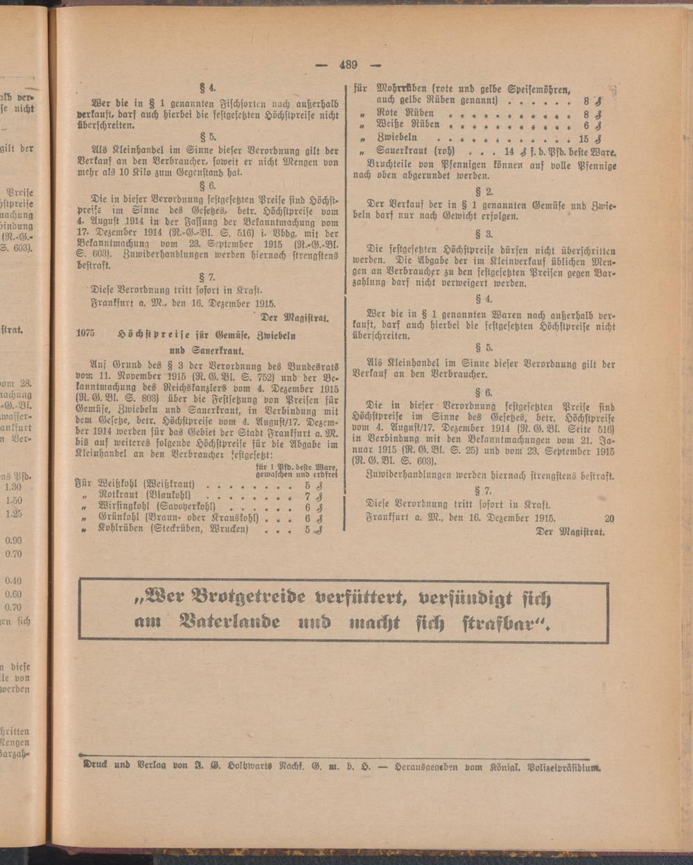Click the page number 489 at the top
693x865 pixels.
coord(347,65)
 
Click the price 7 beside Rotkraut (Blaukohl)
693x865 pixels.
coord(307,496)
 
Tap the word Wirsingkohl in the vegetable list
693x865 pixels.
coord(122,507)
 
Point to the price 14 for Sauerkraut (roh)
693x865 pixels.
coord(509,150)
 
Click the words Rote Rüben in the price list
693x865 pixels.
coord(405,113)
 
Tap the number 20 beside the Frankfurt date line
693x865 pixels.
coord(609,518)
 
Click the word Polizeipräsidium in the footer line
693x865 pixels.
coord(565,767)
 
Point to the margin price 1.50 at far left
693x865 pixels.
coord(13,500)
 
